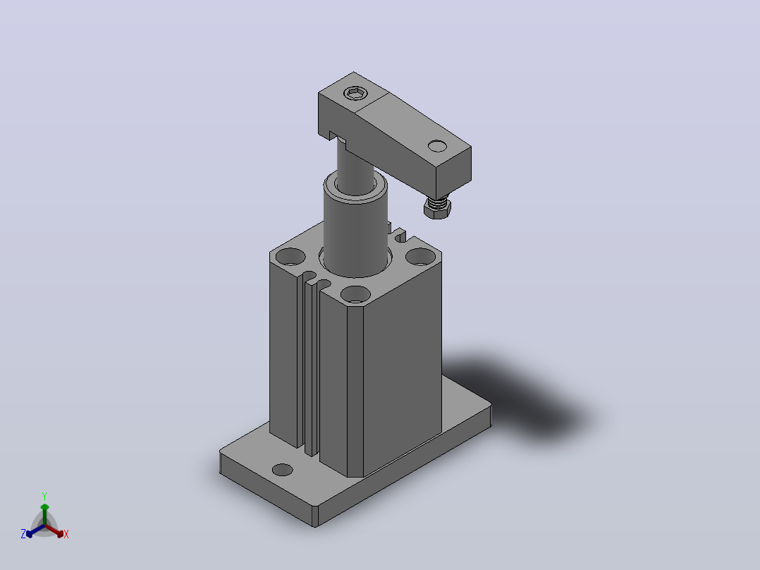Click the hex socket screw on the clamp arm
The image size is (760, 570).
point(355,93)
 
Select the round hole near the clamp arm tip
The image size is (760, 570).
point(437,145)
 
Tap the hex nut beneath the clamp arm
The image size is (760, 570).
point(437,209)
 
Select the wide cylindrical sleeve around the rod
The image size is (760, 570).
point(355,228)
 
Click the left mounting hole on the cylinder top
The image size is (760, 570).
point(290,257)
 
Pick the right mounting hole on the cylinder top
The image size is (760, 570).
point(420,256)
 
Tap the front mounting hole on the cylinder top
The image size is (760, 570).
point(355,294)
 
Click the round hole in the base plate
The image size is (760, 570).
point(283,470)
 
